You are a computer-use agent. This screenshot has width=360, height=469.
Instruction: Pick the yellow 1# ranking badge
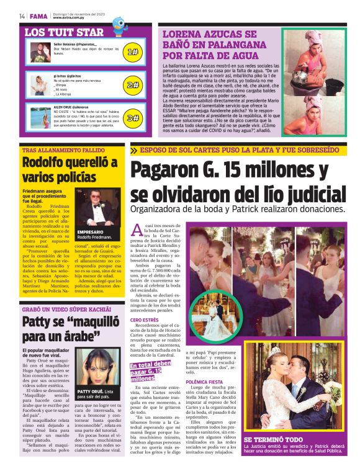pos(132,52)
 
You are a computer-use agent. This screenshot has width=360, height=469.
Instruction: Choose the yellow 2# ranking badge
pos(132,85)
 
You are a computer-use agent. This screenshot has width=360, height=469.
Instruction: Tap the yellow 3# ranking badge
pos(132,117)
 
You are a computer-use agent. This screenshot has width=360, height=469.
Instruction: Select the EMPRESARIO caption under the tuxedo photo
pos(91,232)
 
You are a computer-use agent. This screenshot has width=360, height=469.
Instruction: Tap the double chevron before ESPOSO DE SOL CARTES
pos(134,150)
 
